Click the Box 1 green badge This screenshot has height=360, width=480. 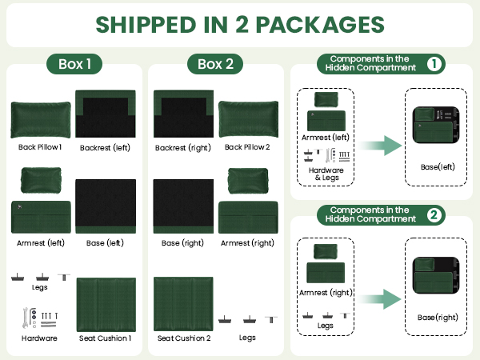pyautogui.click(x=74, y=64)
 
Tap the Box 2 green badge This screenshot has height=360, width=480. pyautogui.click(x=215, y=64)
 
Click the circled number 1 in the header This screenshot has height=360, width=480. pyautogui.click(x=434, y=64)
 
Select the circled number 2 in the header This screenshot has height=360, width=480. pyautogui.click(x=434, y=215)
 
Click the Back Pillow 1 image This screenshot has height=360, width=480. pyautogui.click(x=41, y=120)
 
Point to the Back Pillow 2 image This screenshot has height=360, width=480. pyautogui.click(x=248, y=119)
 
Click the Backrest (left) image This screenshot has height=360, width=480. pyautogui.click(x=106, y=114)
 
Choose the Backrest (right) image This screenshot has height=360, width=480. pyautogui.click(x=183, y=114)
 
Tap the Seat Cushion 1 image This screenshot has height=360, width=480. pyautogui.click(x=106, y=305)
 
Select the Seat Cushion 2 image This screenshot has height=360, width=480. pyautogui.click(x=183, y=304)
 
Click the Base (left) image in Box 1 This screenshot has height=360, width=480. pyautogui.click(x=106, y=206)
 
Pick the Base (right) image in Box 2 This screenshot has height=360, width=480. pyautogui.click(x=183, y=206)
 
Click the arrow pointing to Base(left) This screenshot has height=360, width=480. pyautogui.click(x=379, y=146)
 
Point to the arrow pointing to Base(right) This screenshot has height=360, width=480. pyautogui.click(x=379, y=298)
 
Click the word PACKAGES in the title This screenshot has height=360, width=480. pyautogui.click(x=320, y=25)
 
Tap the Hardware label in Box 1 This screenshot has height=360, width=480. pyautogui.click(x=39, y=338)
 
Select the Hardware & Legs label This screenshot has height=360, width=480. pyautogui.click(x=326, y=174)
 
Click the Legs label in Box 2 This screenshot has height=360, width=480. pyautogui.click(x=247, y=338)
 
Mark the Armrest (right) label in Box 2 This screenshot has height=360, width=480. pyautogui.click(x=247, y=243)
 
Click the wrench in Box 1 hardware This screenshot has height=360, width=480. pyautogui.click(x=26, y=318)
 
